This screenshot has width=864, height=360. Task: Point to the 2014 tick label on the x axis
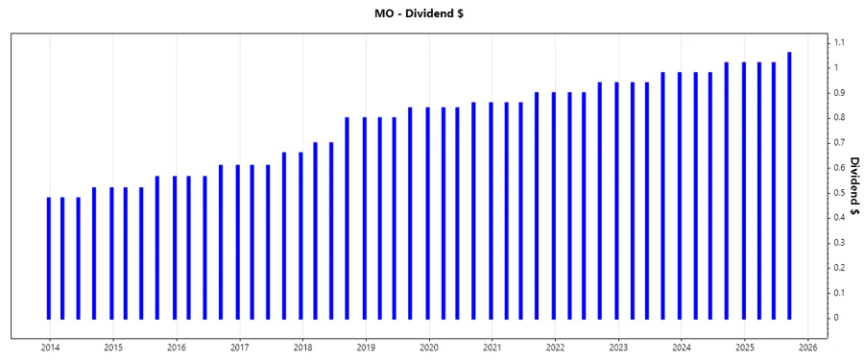coord(50,347)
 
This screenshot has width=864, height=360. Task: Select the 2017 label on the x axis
coord(240,347)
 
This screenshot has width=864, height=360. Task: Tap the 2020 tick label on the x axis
coord(429,347)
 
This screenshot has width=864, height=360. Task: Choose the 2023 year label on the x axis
coord(618,347)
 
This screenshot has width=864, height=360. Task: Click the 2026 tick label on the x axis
coord(807,347)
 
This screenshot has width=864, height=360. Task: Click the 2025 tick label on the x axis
coord(745,347)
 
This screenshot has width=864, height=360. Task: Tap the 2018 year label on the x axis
coord(302,347)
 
